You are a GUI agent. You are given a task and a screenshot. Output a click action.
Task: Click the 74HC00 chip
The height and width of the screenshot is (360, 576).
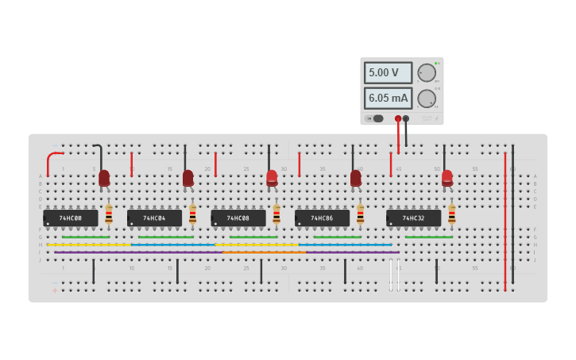coord(71,218)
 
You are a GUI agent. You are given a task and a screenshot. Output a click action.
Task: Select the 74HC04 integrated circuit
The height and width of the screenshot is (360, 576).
coord(154,218)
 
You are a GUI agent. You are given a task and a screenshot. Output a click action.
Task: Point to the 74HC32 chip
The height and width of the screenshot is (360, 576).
coord(413,218)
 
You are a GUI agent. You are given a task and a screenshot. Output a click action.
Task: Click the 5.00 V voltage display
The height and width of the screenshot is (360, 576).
coord(388,72)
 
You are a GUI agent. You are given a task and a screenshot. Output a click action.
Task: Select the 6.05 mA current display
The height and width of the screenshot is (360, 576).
coord(388,99)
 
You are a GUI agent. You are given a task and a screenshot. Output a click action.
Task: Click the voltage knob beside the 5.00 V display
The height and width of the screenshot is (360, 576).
coord(427,72)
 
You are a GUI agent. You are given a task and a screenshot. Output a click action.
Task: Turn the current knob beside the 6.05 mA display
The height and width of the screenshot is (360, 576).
coord(427,99)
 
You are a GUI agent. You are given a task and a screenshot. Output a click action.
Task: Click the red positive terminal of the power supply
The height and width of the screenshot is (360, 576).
coord(398,118)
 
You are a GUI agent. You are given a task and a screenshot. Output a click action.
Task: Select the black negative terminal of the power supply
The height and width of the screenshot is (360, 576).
coord(406,118)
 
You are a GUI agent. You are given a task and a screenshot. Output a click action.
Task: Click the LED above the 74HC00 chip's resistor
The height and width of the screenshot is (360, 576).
coord(104,179)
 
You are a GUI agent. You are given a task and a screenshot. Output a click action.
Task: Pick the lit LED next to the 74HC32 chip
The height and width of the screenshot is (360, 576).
coord(447,179)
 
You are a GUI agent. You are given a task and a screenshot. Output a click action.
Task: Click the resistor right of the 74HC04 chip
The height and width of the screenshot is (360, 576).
coord(192,215)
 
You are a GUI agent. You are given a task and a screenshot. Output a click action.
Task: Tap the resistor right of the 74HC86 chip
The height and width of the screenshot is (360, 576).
coord(360,215)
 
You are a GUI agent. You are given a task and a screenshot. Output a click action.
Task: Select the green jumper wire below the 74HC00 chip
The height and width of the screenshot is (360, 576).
coord(86,237)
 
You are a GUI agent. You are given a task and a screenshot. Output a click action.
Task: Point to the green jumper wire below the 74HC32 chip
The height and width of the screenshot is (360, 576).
coord(429,237)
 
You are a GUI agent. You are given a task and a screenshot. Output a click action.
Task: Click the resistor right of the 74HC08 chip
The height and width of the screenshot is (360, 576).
coord(276,215)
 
